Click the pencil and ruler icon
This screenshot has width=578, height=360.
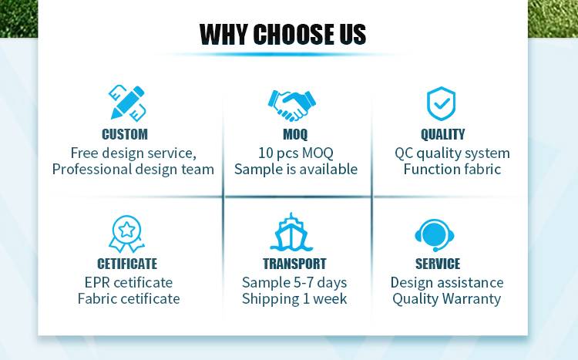pos(127,103)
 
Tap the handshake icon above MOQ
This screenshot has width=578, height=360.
pos(291,106)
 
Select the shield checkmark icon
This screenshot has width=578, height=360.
pos(441,103)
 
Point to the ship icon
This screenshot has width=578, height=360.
pos(291,232)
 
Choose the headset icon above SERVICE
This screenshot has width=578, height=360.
pos(435,235)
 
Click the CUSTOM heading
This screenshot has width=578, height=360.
pos(125,134)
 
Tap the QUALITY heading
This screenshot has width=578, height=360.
pos(442,134)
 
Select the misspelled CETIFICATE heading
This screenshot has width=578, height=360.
pos(127,264)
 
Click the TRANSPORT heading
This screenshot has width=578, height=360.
pos(294,264)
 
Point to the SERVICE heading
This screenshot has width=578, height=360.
pos(438,264)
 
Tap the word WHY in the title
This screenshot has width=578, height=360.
pos(223,34)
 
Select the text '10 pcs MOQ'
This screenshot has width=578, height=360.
pos(296,153)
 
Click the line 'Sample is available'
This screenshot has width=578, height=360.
pos(296,170)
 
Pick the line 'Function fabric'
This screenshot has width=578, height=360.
pos(452,170)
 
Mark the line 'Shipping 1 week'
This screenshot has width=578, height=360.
pos(294,299)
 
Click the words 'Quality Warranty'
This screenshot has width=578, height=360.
pos(446,299)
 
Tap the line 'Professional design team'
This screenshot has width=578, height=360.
pos(133,170)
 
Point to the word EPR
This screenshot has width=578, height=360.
pos(97,283)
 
